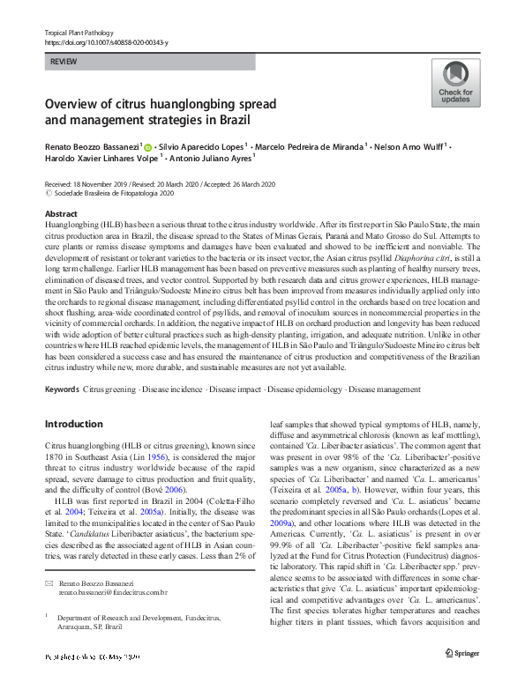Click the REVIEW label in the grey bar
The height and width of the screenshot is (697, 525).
[x=64, y=63]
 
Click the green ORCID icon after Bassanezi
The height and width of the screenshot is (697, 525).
[x=147, y=147]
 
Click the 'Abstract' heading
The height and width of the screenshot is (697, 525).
[x=61, y=214]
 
